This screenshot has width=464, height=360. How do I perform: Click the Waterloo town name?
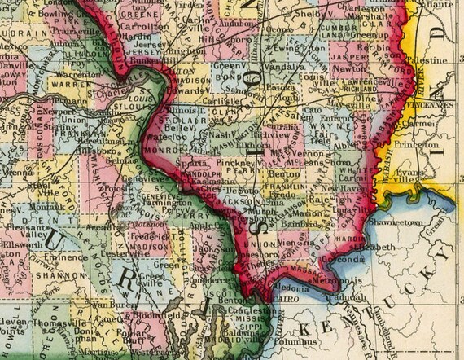[169, 137]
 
